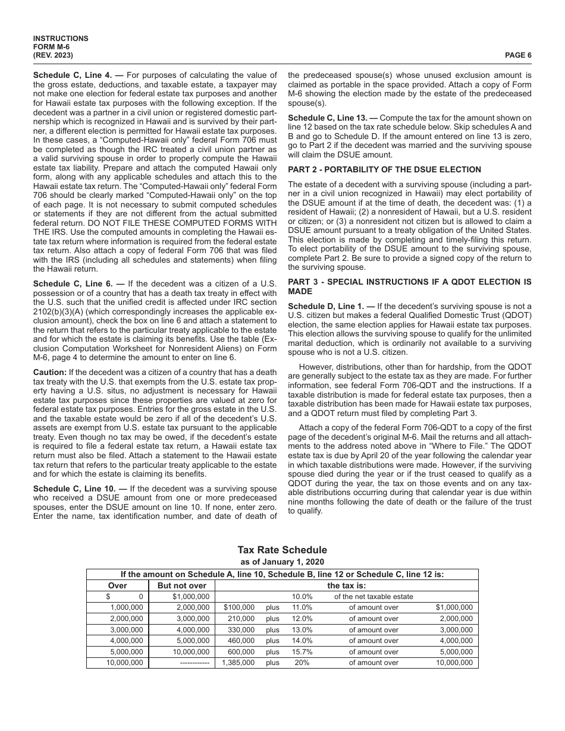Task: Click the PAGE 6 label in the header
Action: point(518,55)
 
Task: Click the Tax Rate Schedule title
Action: point(282,550)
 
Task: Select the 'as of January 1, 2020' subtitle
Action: point(282,562)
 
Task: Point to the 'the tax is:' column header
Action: point(346,585)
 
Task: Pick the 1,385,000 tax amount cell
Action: point(238,663)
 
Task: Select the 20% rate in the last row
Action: point(302,663)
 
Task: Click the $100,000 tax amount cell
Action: point(239,607)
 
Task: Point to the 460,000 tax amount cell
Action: point(240,641)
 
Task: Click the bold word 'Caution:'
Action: point(50,372)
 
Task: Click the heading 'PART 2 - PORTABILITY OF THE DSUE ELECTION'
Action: point(384,170)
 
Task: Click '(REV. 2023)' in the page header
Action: point(54,55)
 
